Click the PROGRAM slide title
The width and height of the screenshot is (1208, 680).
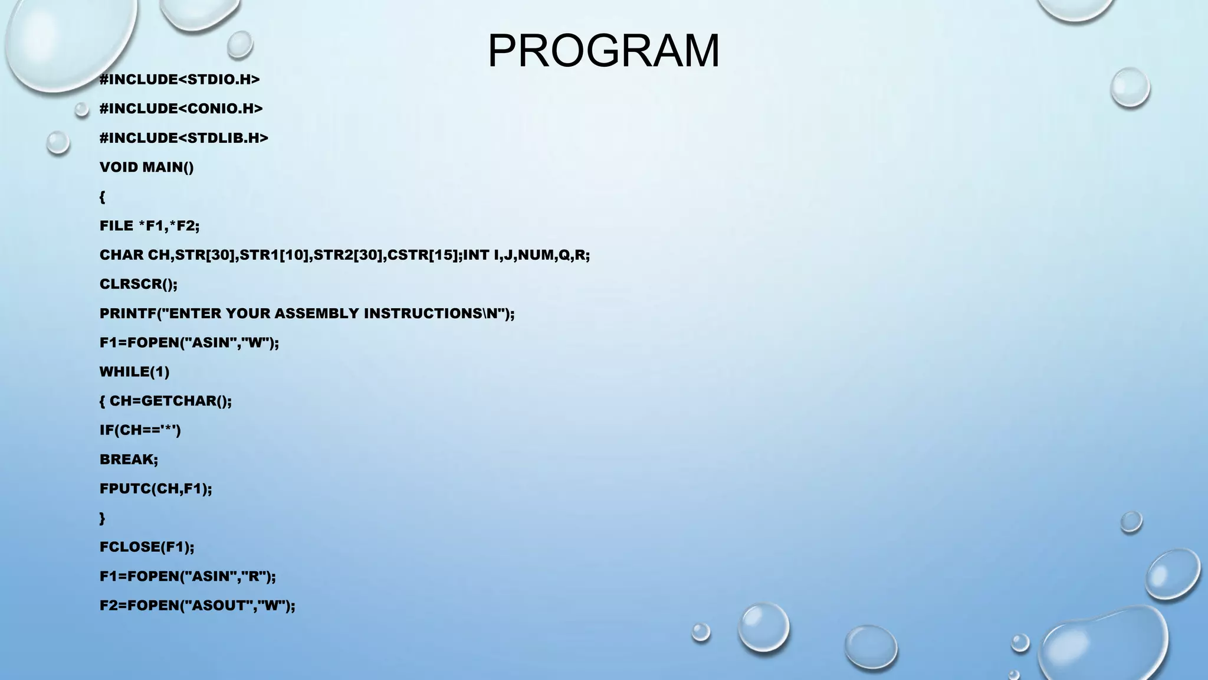point(603,51)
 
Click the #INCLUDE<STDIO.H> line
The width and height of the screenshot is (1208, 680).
point(179,80)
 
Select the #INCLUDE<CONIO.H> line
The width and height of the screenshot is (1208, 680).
point(181,109)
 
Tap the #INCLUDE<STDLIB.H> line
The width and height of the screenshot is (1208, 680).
point(183,138)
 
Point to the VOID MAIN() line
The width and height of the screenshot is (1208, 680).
point(146,167)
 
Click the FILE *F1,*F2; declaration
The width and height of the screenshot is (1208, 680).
point(149,225)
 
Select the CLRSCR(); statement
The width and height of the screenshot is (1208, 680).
point(138,284)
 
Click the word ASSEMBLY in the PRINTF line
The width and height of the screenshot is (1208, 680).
point(316,313)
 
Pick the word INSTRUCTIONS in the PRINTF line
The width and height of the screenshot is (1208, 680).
point(431,313)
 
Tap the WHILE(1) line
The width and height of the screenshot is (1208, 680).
point(134,372)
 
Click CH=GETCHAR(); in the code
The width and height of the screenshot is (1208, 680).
point(170,401)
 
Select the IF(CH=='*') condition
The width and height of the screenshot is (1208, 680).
point(140,430)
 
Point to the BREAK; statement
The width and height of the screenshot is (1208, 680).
point(129,459)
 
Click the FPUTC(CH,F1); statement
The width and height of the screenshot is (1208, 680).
point(155,489)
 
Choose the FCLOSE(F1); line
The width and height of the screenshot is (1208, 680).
point(146,547)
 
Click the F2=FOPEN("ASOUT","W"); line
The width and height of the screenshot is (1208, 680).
point(197,606)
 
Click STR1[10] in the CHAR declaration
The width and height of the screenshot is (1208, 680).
point(274,255)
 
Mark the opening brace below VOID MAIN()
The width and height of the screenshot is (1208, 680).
point(102,197)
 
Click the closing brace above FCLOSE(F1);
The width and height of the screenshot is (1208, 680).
point(102,518)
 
